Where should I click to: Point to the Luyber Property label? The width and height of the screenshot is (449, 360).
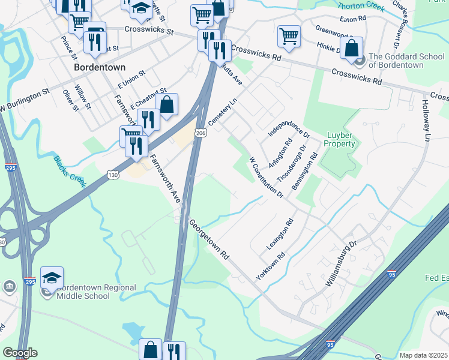pyautogui.click(x=340, y=139)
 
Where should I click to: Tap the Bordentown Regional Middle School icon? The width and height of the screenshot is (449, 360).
pyautogui.click(x=52, y=277)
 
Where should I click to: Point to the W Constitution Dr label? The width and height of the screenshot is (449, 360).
pyautogui.click(x=267, y=178)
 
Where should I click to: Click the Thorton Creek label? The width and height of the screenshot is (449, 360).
pyautogui.click(x=360, y=7)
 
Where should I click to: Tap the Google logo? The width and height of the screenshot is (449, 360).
pyautogui.click(x=20, y=353)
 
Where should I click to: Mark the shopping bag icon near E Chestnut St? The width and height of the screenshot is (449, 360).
pyautogui.click(x=166, y=104)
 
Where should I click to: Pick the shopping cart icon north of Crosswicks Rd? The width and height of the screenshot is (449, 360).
pyautogui.click(x=289, y=35)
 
